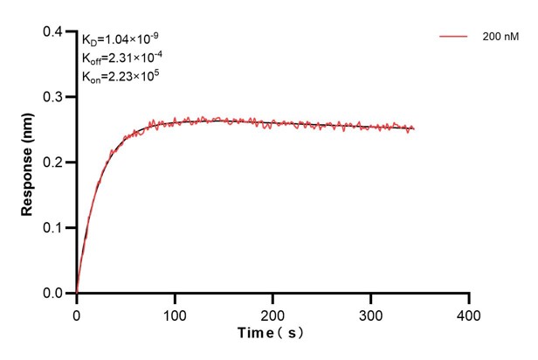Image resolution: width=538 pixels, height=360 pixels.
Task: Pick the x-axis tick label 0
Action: tap(77, 313)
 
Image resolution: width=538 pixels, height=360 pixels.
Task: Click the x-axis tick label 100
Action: tap(175, 313)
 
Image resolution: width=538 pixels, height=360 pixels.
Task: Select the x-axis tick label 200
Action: tap(273, 313)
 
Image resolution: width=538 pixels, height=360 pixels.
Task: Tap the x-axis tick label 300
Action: tap(371, 313)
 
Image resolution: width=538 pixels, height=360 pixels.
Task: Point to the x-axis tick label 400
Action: tap(469, 313)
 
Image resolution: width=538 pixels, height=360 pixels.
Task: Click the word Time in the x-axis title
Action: tap(258, 334)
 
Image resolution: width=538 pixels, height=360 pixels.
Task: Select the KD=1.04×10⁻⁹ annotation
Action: tap(120, 39)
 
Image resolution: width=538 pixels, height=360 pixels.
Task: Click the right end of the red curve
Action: tap(413, 129)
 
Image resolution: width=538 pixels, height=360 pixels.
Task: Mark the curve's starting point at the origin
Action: tap(77, 293)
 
